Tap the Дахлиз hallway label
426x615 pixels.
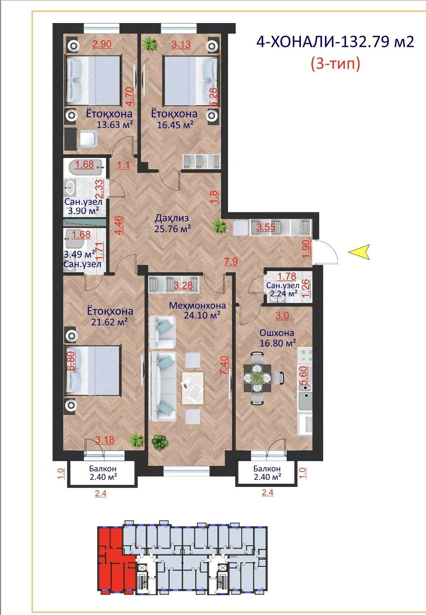[x=172, y=218]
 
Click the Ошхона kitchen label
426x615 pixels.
[x=277, y=333]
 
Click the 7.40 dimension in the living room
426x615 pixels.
[x=224, y=365]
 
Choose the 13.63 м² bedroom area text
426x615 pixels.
[x=115, y=125]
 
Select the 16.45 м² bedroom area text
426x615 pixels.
[x=175, y=125]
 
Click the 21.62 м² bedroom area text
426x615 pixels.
[x=109, y=322]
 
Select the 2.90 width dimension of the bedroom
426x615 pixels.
[x=102, y=44]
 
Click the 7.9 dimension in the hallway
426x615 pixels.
[x=231, y=261]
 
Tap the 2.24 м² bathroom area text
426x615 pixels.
[x=284, y=293]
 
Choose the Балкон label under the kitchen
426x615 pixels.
[x=267, y=468]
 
